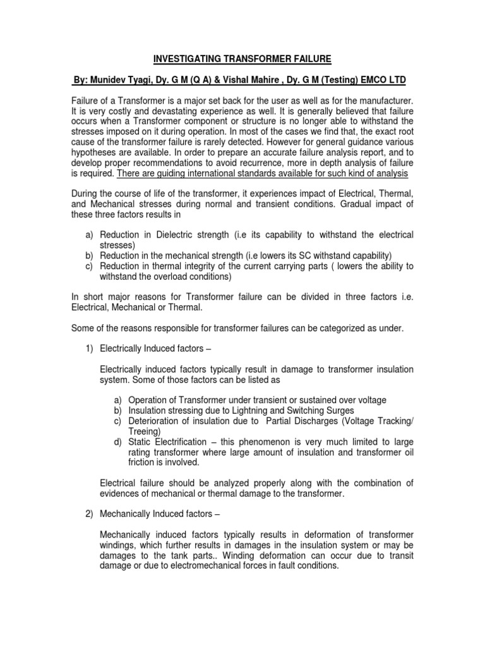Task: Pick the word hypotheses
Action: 92,153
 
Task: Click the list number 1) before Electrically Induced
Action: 90,349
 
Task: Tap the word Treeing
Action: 143,431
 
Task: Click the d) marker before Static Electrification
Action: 119,442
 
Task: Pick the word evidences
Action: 123,493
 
